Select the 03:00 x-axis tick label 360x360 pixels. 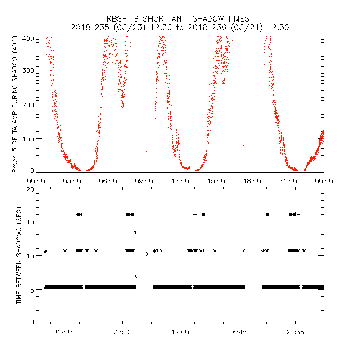click(72, 180)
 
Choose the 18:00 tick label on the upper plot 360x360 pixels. click(252, 180)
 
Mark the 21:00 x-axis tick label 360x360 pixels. click(288, 180)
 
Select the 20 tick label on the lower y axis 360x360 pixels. click(29, 190)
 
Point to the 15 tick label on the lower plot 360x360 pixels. click(29, 221)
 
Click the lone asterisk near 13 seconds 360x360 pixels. click(135, 233)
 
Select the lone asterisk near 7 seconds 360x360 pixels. click(135, 275)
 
